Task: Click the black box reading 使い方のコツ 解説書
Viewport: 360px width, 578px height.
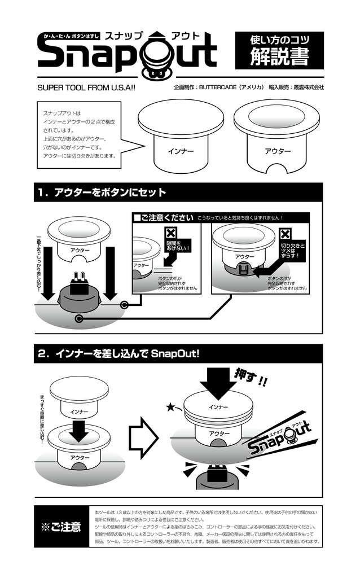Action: coord(279,50)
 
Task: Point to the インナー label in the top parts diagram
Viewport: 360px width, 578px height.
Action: coord(181,151)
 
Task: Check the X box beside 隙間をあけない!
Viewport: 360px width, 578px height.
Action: coord(171,233)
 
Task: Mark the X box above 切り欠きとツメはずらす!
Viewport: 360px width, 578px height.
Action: coord(286,234)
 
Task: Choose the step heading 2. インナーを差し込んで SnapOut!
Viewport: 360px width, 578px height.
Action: coord(118,354)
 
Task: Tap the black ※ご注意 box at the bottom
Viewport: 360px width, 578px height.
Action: coord(61,527)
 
